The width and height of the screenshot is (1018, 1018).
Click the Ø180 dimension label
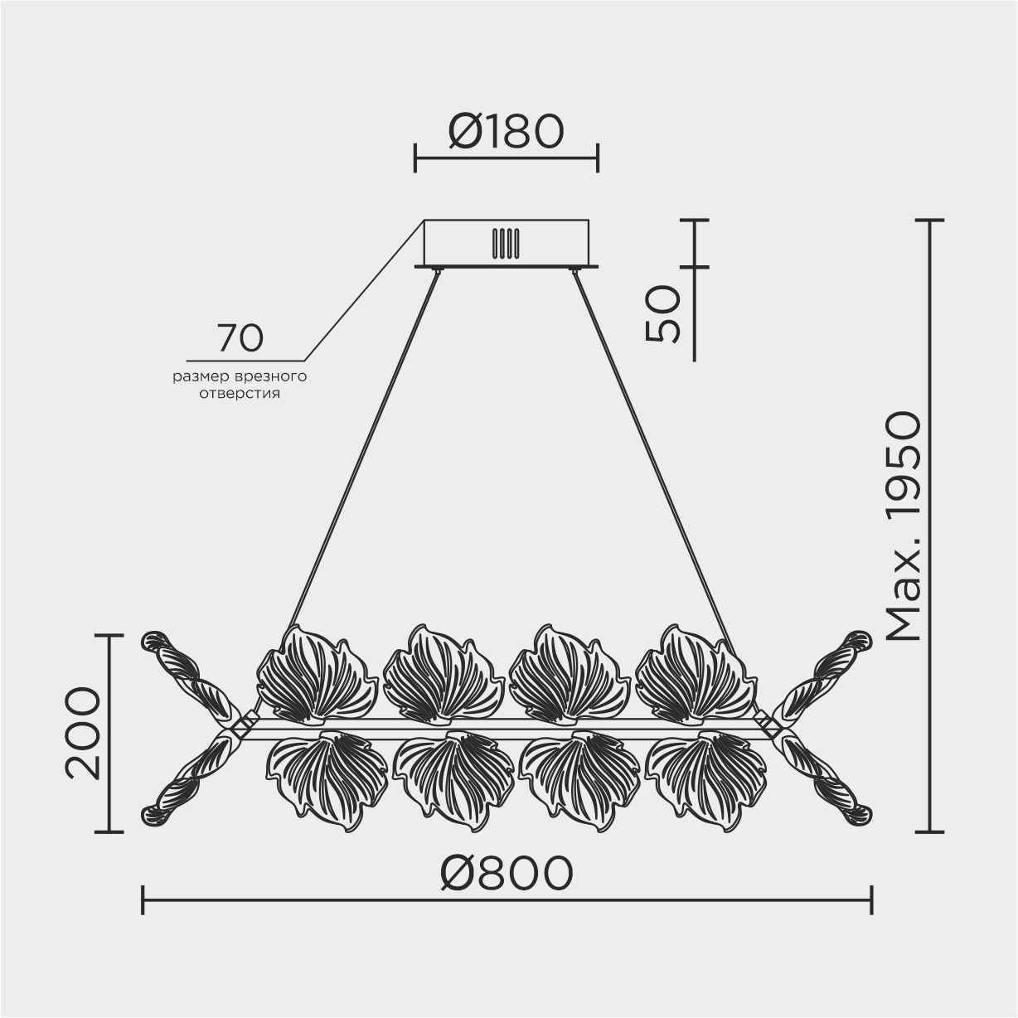[x=506, y=131]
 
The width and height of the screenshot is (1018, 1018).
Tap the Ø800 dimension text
[x=506, y=873]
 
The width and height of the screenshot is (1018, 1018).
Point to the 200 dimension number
[x=82, y=734]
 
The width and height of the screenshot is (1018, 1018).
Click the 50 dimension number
[x=662, y=314]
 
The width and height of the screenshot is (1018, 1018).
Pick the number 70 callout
[x=240, y=338]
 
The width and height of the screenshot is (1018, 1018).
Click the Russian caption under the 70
[x=240, y=385]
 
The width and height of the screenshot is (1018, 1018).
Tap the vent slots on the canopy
[x=506, y=244]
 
